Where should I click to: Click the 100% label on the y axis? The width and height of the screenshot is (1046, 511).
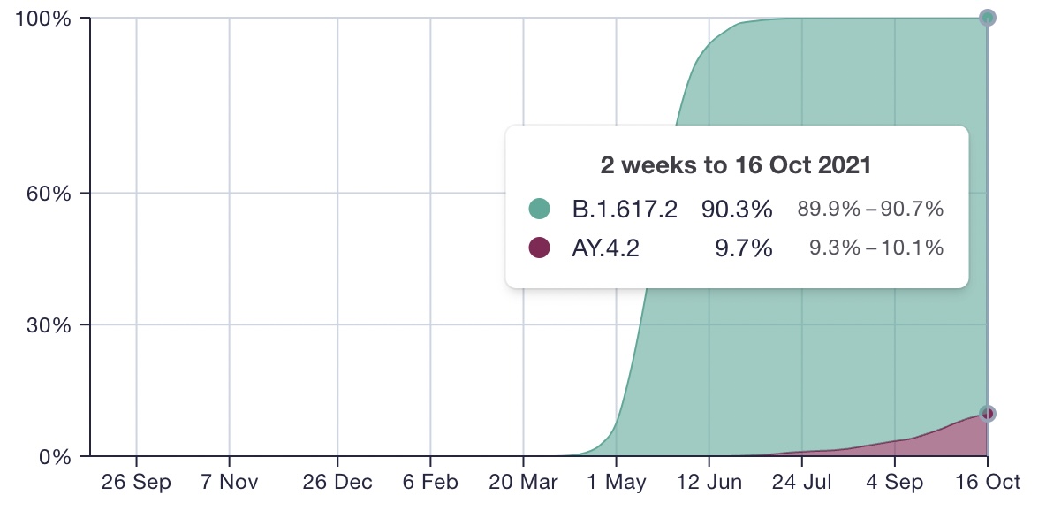coord(43,18)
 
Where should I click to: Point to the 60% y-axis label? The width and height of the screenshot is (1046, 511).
coord(49,194)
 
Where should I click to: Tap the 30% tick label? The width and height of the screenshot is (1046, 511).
coord(49,326)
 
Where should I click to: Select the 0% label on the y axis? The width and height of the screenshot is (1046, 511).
coord(55,458)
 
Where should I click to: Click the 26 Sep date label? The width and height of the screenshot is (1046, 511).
coord(136,483)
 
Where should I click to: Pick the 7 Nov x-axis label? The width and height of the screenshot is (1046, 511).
coord(230,483)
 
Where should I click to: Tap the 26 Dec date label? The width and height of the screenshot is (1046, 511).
coord(337,483)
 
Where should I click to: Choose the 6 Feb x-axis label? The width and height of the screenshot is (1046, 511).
coord(430,483)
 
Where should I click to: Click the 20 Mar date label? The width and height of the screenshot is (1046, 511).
coord(523,483)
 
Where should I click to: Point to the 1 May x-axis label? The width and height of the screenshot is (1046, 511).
coord(617,483)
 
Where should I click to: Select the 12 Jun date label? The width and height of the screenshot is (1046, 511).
coord(709,483)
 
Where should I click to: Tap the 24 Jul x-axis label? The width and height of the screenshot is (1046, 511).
coord(802,483)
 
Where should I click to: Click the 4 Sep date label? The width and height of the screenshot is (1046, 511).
coord(895,483)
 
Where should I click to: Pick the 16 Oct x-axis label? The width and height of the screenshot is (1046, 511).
coord(988,483)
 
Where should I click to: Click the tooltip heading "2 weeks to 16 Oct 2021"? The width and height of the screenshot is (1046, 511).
coord(736,165)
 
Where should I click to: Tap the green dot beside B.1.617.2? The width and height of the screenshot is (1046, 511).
coord(539,209)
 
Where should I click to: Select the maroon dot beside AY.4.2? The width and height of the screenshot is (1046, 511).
coord(539,248)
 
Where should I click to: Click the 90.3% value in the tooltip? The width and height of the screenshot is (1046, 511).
coord(737,210)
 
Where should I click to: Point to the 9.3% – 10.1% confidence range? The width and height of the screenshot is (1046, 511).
coord(876,248)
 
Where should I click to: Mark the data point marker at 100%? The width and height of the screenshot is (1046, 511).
coord(988,18)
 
